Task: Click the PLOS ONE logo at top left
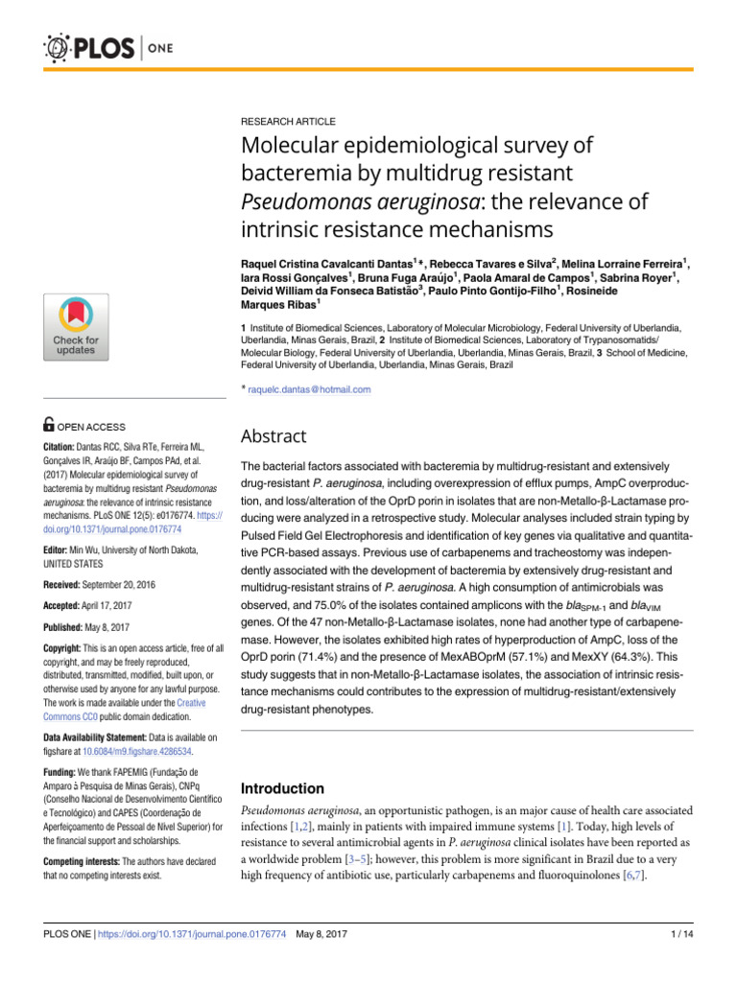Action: click(x=96, y=46)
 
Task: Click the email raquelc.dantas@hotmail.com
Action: click(x=308, y=389)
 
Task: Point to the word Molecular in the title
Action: click(x=290, y=147)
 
